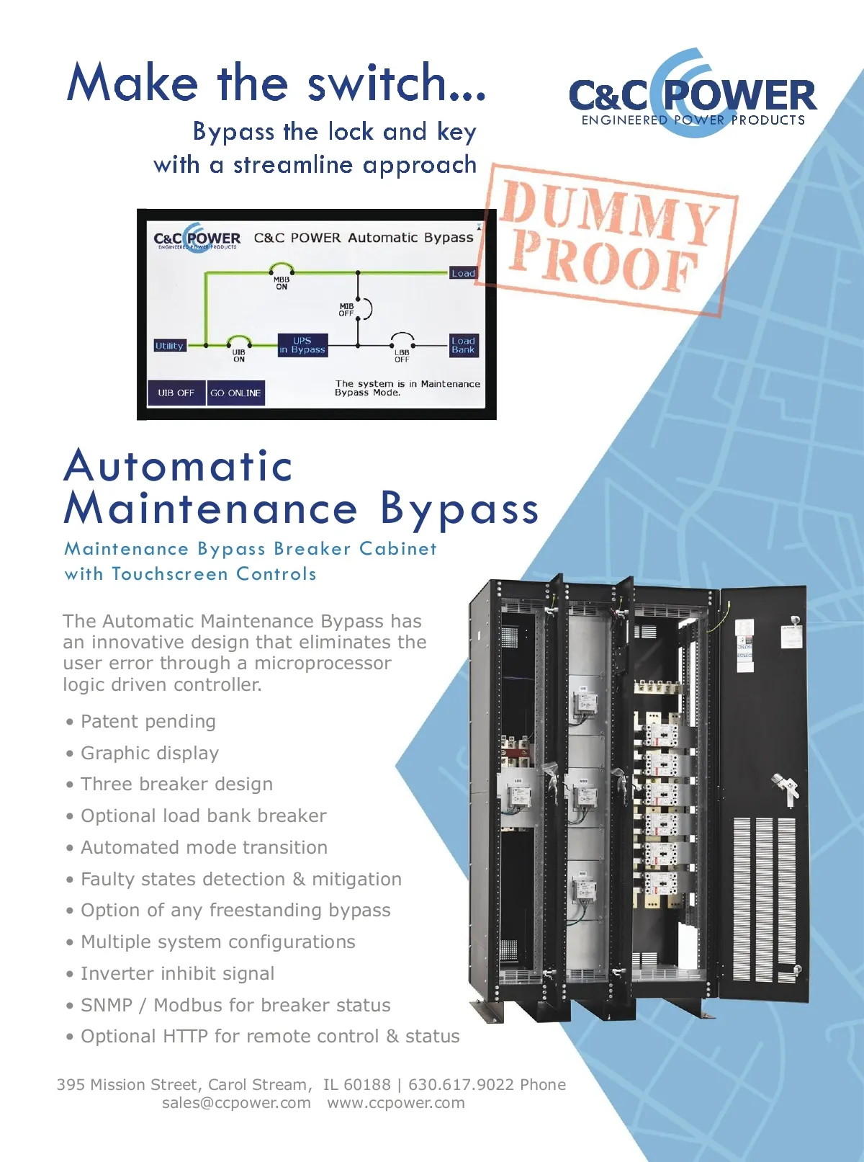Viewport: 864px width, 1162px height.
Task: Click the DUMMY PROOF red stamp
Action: pyautogui.click(x=611, y=238)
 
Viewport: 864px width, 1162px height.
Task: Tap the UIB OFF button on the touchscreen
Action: pyautogui.click(x=176, y=393)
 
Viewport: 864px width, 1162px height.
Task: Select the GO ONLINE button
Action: pyautogui.click(x=235, y=393)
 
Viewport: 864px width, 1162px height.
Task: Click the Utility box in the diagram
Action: pyautogui.click(x=169, y=346)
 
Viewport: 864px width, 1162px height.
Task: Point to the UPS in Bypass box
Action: pyautogui.click(x=302, y=345)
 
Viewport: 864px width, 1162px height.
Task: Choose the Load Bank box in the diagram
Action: pyautogui.click(x=463, y=345)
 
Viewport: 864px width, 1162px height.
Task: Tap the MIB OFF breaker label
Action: pyautogui.click(x=347, y=310)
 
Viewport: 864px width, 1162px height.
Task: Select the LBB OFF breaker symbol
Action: pyautogui.click(x=402, y=339)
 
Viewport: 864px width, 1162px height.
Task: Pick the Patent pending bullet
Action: pyautogui.click(x=148, y=721)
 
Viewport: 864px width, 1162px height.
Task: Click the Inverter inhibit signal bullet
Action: pyautogui.click(x=177, y=973)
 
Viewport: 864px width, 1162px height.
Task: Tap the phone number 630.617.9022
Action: pyautogui.click(x=461, y=1084)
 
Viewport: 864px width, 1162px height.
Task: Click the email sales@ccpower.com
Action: pyautogui.click(x=236, y=1103)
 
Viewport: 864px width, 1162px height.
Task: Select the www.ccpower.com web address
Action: pyautogui.click(x=396, y=1103)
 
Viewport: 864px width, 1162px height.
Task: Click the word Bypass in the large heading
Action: pyautogui.click(x=459, y=509)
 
